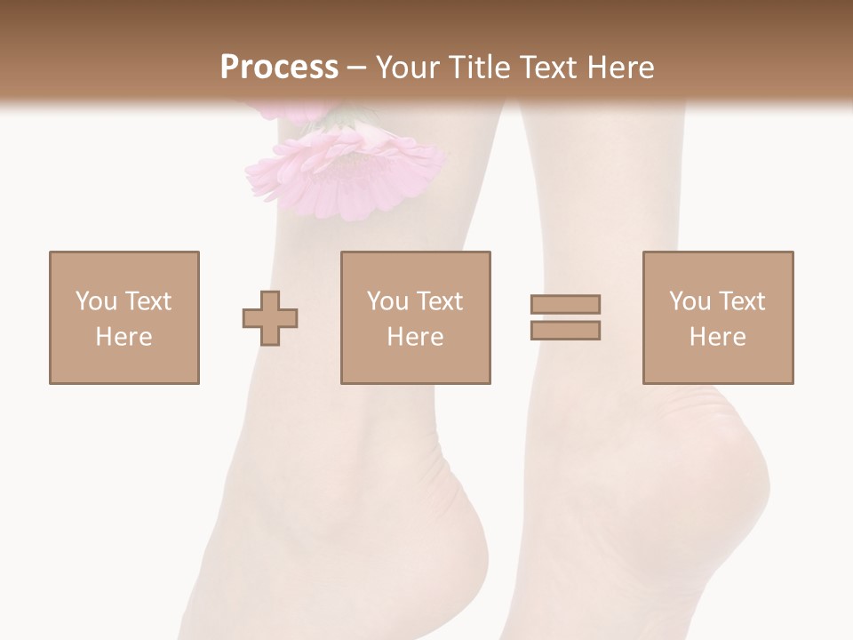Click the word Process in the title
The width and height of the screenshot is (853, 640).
pyautogui.click(x=279, y=68)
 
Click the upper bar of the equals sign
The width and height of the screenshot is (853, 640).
pyautogui.click(x=566, y=305)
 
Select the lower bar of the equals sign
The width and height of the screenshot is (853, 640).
pyautogui.click(x=566, y=331)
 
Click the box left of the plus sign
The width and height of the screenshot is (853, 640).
pyautogui.click(x=124, y=317)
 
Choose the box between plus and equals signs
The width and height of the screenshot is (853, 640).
pyautogui.click(x=416, y=317)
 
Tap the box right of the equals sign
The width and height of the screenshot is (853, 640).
pyautogui.click(x=718, y=317)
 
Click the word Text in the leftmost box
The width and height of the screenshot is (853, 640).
pyautogui.click(x=147, y=301)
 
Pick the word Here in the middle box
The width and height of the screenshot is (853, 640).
pyautogui.click(x=416, y=337)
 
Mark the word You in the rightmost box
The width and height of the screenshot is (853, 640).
pyautogui.click(x=690, y=301)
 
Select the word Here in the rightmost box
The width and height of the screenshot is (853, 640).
pyautogui.click(x=718, y=337)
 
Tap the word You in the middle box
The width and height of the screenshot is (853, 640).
pyautogui.click(x=388, y=301)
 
